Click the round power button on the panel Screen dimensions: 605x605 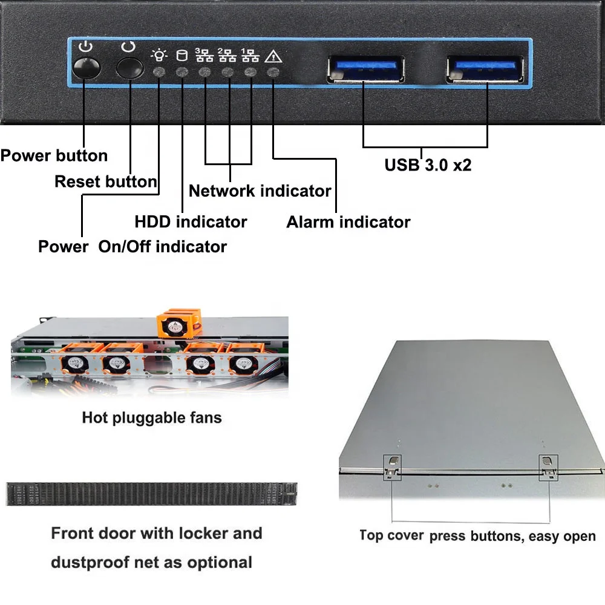tap(85, 68)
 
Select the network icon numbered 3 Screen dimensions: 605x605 tap(204, 56)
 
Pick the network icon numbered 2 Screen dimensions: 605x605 tap(227, 56)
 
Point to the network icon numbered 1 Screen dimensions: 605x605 tap(250, 56)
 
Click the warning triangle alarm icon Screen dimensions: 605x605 tap(273, 57)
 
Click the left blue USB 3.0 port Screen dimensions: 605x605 tap(365, 68)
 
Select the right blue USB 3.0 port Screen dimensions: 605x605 tap(485, 68)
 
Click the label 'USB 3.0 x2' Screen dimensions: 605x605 tap(428, 165)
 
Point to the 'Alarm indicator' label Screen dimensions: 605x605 tap(348, 222)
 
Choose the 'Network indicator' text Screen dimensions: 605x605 tap(260, 191)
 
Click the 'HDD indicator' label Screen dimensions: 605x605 tap(191, 222)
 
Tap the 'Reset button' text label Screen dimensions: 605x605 tap(106, 181)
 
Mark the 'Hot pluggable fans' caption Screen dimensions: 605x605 tap(152, 417)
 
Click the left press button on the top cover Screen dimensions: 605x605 tap(393, 465)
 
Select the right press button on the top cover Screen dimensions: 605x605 tap(548, 464)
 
